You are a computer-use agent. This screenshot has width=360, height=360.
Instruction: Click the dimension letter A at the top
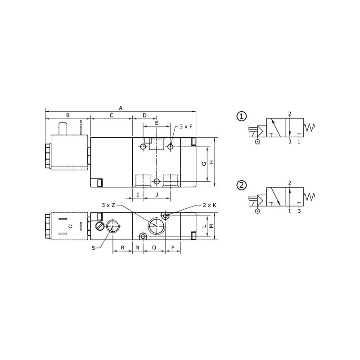121,108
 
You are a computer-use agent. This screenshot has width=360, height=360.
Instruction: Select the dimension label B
68,115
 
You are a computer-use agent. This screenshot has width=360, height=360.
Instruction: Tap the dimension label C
111,115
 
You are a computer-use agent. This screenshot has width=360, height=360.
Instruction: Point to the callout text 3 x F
186,126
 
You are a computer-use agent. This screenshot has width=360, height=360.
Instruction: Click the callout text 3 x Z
108,205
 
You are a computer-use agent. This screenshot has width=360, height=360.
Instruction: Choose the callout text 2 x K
209,205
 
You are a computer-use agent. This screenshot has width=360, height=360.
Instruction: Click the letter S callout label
94,248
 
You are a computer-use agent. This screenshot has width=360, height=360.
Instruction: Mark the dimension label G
204,164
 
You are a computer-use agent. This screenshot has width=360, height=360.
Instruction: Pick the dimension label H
211,162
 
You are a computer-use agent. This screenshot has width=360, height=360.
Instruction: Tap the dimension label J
157,195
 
